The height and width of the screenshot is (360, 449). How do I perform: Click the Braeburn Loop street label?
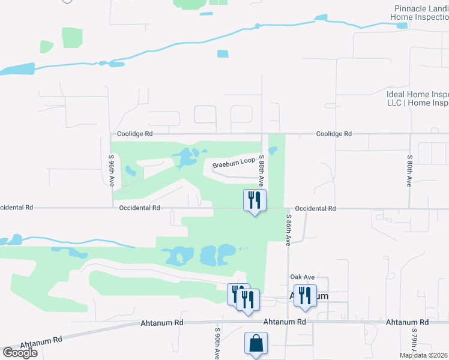[233, 163]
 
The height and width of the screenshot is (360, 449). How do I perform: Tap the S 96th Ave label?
[112, 170]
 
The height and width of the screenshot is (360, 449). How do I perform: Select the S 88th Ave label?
[262, 170]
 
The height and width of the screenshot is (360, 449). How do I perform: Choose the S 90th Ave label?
[217, 343]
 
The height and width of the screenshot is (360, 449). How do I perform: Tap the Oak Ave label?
[303, 277]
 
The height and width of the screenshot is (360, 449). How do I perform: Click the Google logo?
[19, 353]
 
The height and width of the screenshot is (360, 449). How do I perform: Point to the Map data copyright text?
[424, 355]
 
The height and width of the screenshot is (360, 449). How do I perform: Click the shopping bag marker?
[256, 344]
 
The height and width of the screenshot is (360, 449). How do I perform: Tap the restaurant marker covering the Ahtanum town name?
[305, 296]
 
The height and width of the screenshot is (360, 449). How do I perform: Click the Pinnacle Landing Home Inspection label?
[420, 13]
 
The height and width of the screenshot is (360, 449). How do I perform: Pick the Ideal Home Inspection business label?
[418, 98]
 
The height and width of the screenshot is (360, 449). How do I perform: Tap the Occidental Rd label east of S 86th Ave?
[315, 208]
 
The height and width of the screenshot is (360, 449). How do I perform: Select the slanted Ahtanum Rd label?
[41, 343]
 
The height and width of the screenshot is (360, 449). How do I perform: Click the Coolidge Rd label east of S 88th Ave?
[334, 134]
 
